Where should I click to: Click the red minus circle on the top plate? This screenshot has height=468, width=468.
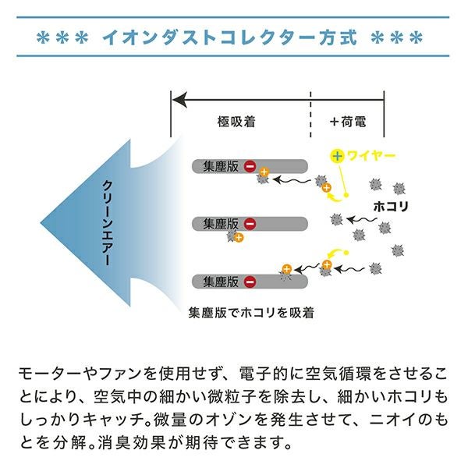click(x=250, y=166)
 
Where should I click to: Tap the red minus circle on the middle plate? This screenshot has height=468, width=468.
click(x=250, y=225)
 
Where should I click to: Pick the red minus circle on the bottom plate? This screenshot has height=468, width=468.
click(x=250, y=282)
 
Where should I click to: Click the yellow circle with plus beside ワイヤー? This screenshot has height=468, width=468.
click(x=336, y=156)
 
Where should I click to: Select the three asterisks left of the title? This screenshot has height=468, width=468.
click(x=66, y=37)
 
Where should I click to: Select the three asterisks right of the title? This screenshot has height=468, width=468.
click(x=397, y=37)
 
